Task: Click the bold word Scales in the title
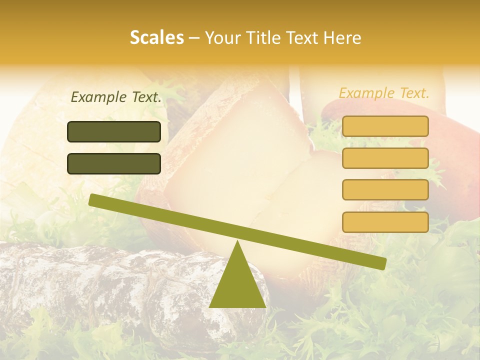156,37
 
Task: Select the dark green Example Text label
116,97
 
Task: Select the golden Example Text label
384,93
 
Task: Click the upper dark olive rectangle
114,131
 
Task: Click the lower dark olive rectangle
114,163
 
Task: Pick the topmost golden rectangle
385,126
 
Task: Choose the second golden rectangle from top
385,158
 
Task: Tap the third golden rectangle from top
385,189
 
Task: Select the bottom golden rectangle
385,222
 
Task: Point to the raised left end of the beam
93,200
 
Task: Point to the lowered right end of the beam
382,263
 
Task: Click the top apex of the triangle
237,242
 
